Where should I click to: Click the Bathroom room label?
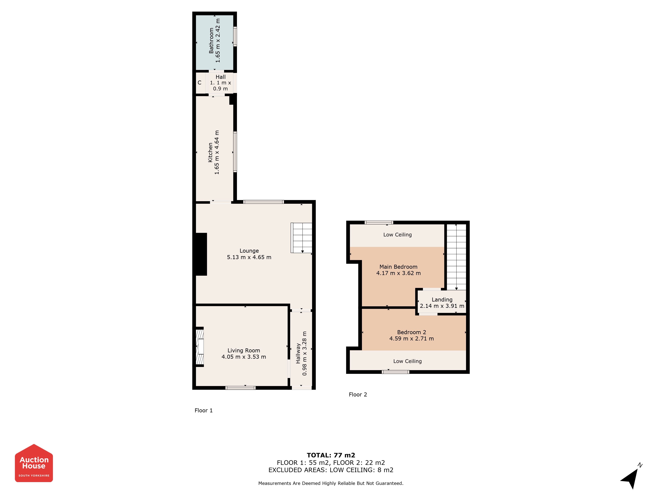211,40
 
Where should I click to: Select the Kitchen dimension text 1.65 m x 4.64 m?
217,152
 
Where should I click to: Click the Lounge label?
249,251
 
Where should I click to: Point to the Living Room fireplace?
200,347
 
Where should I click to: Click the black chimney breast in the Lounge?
201,254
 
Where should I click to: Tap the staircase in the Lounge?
301,238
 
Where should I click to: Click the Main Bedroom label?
398,267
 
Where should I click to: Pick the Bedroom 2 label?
411,332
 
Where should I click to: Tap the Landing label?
442,300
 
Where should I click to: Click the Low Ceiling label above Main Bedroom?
397,235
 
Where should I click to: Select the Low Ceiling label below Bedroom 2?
407,361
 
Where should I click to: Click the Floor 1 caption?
204,410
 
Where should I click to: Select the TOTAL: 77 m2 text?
331,455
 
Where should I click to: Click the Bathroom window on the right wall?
235,37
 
